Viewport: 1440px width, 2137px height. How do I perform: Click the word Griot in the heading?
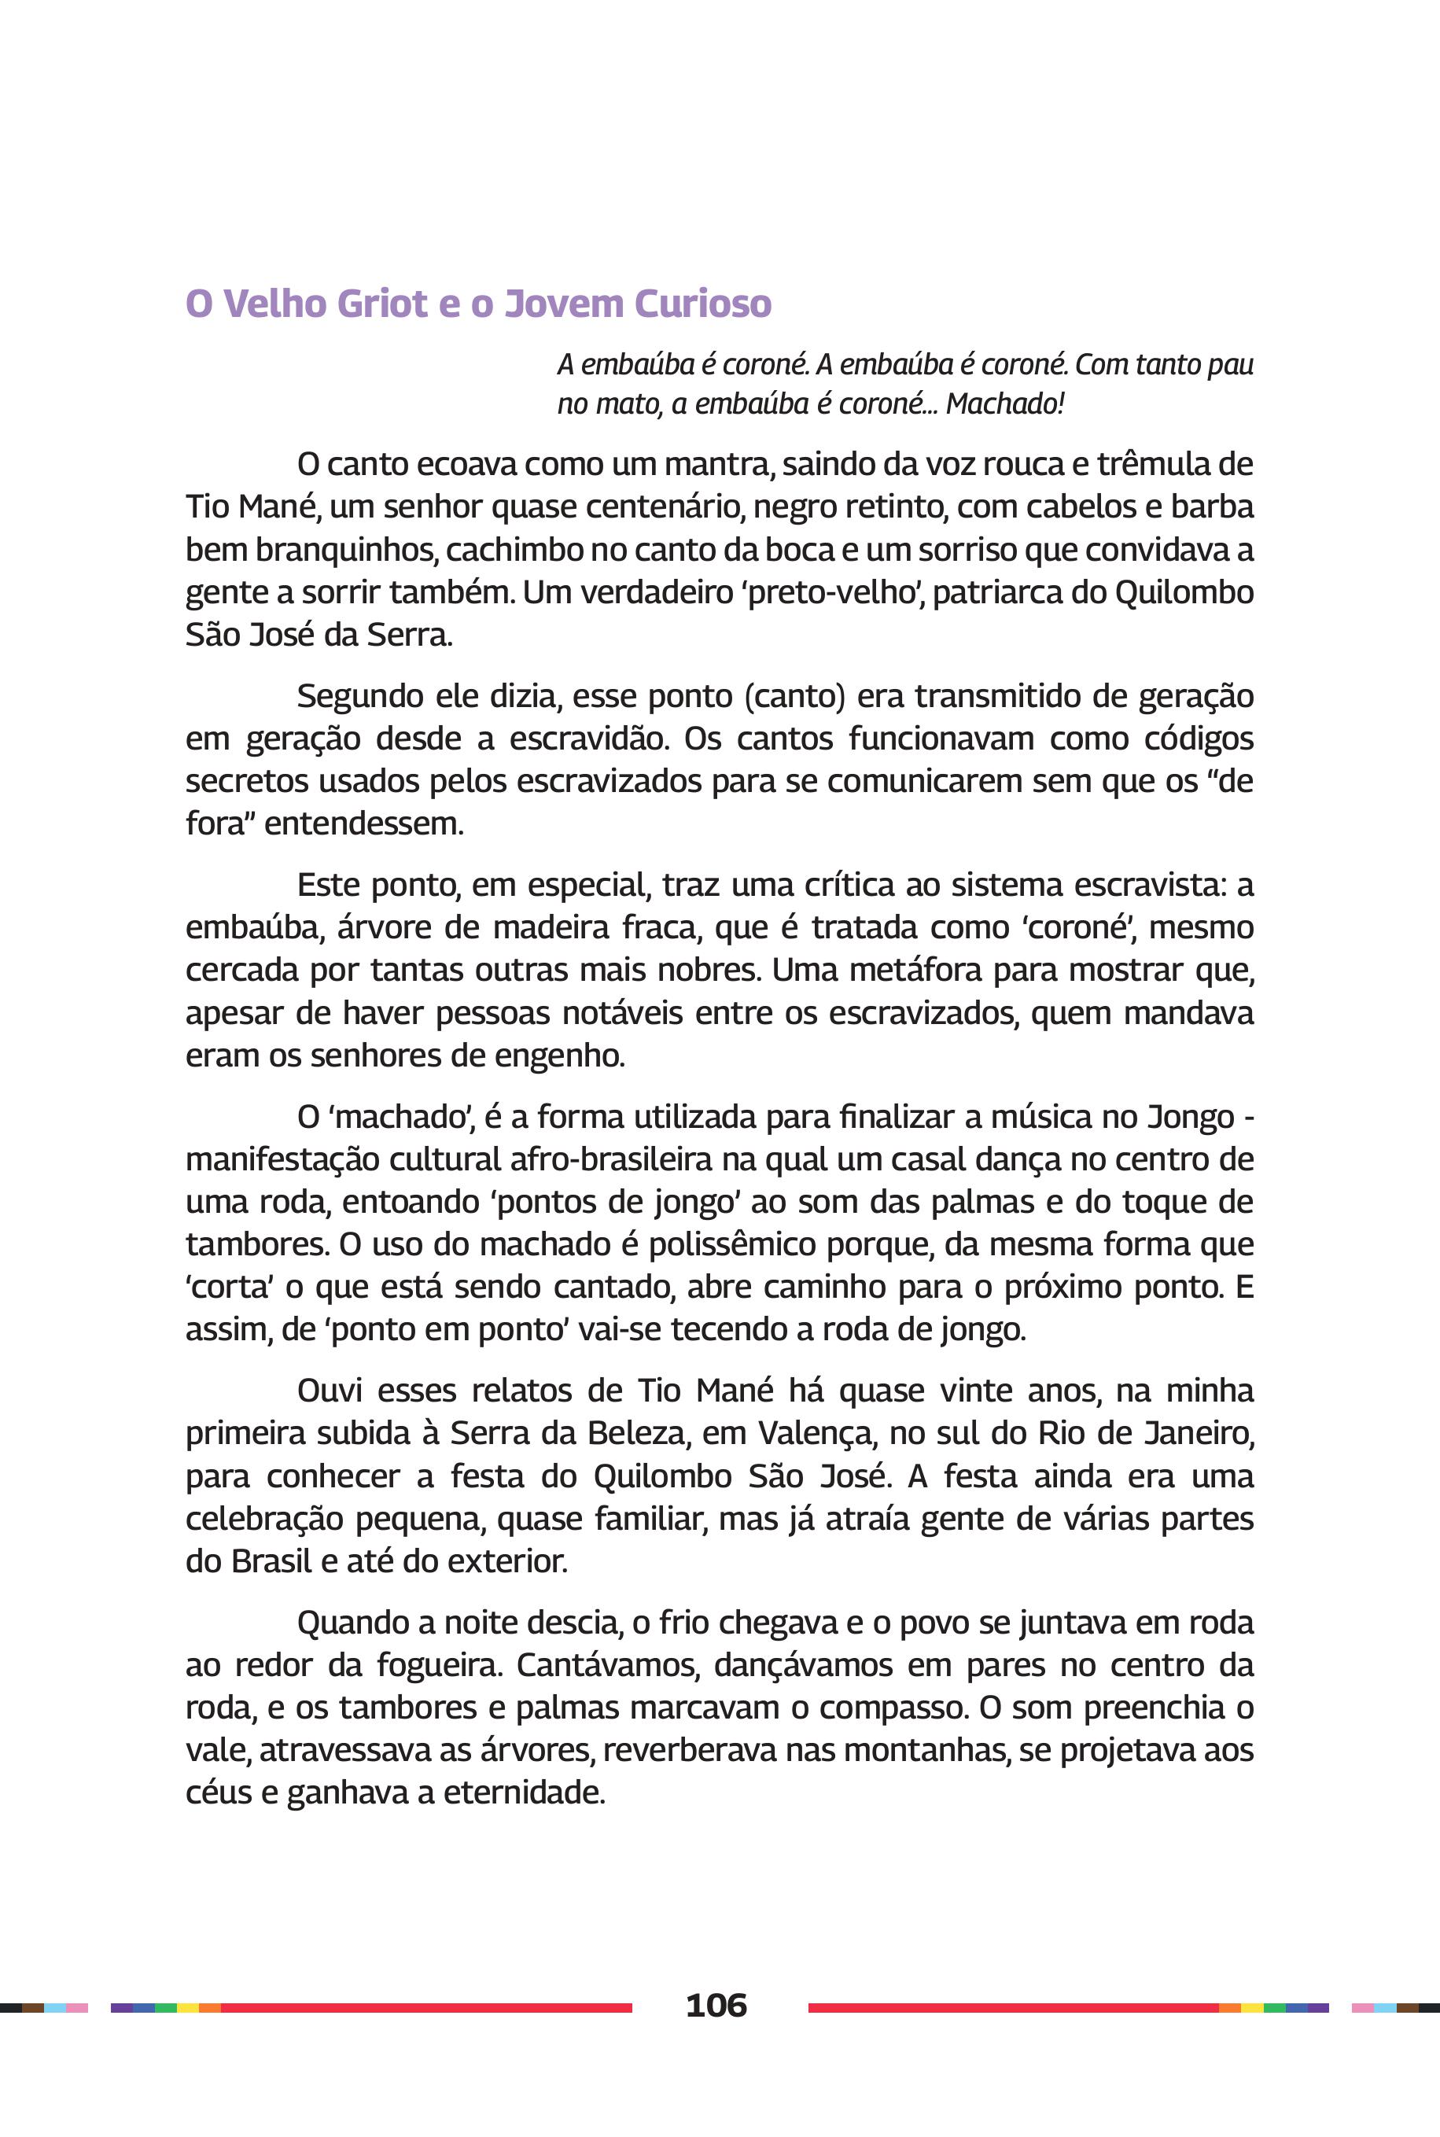(383, 304)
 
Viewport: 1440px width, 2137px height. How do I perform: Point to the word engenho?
(559, 1056)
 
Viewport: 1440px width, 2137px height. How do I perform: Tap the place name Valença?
(811, 1432)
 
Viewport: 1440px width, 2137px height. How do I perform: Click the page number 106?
(716, 2006)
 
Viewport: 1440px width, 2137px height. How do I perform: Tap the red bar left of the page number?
(426, 2007)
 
